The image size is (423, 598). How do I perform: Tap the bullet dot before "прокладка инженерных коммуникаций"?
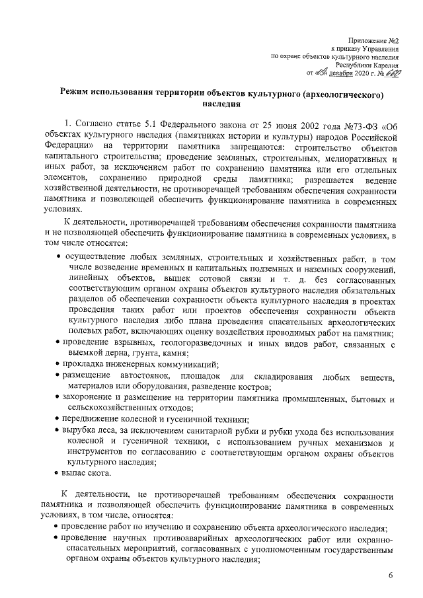[x=56, y=366]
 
